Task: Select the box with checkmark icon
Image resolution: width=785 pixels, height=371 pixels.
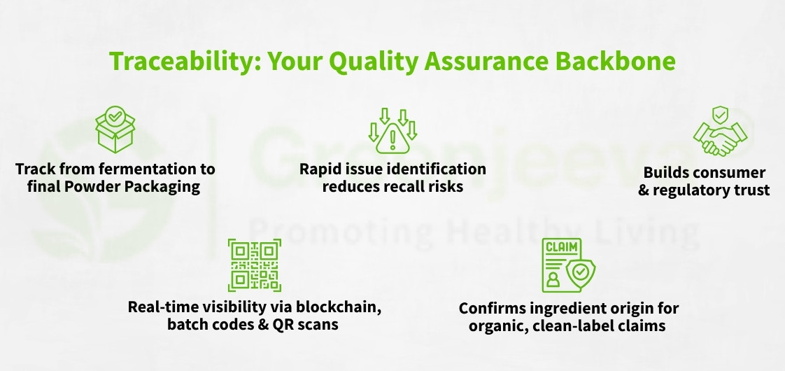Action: tap(113, 130)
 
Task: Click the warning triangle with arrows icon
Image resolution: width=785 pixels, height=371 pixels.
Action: tap(392, 130)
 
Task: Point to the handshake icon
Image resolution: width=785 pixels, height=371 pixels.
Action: tap(714, 131)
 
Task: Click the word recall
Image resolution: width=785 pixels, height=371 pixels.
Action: tap(409, 187)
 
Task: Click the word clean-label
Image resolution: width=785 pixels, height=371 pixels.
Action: tap(572, 325)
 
